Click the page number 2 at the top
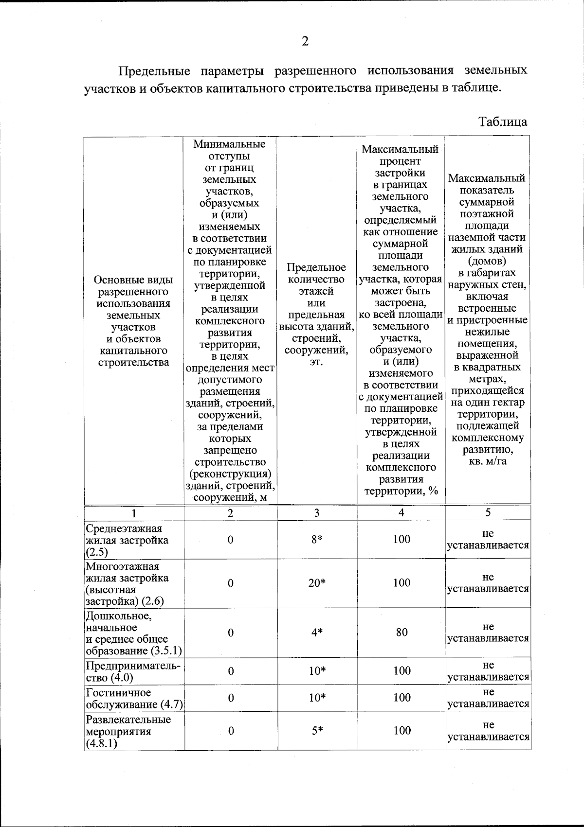305,42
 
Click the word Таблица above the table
503,121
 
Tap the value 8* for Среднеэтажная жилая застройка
317,539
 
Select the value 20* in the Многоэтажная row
317,583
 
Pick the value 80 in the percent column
401,633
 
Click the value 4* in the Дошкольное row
317,633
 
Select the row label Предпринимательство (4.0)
133,671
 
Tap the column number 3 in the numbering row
317,513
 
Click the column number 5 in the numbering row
488,512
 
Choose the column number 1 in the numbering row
134,513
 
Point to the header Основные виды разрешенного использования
134,321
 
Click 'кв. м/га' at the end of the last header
488,461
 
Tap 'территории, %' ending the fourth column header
401,491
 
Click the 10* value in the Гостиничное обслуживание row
317,698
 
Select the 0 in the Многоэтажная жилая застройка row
231,583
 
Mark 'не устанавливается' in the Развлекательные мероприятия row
488,731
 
